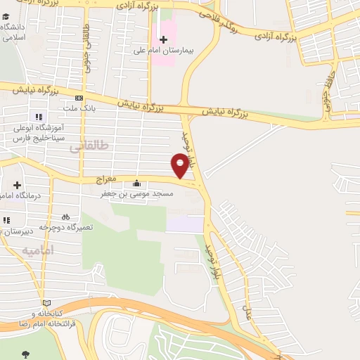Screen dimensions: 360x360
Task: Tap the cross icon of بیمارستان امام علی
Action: [164, 40]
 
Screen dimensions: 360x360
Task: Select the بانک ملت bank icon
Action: [79, 98]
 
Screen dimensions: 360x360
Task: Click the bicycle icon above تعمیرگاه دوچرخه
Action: [65, 217]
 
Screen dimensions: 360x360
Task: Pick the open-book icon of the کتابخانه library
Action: [46, 302]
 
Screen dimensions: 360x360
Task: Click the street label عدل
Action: [247, 307]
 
